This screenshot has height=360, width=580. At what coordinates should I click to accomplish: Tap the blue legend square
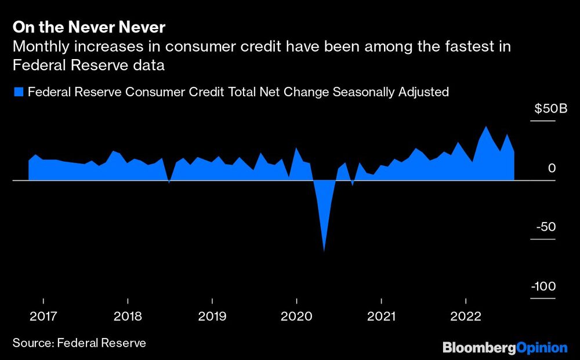[x=18, y=92]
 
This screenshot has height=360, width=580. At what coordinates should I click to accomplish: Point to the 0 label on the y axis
[x=552, y=168]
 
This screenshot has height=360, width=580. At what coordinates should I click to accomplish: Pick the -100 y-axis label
[x=544, y=286]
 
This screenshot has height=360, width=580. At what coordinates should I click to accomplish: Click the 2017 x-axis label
[x=43, y=317]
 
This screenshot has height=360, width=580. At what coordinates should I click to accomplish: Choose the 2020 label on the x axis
[x=296, y=317]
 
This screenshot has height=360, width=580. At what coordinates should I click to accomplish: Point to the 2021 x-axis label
[x=381, y=317]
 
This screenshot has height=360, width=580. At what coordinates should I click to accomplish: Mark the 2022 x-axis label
[x=466, y=317]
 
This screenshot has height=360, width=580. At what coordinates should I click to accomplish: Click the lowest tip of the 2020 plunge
[x=324, y=251]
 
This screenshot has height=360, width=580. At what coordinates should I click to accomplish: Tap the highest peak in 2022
[x=485, y=127]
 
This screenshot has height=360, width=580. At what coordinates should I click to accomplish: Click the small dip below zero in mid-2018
[x=169, y=183]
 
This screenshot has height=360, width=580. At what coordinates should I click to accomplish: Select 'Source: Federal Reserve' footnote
[x=79, y=343]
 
